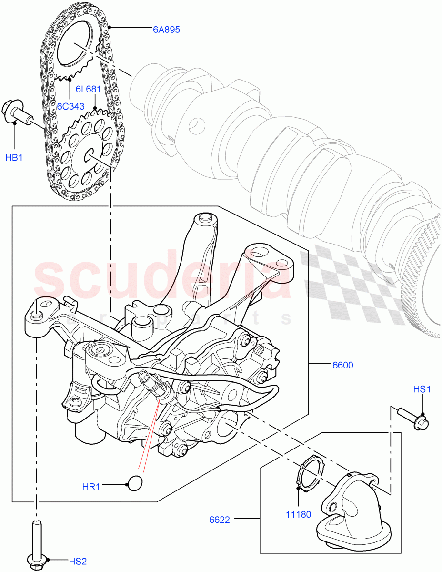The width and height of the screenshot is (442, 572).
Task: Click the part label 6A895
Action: point(166,30)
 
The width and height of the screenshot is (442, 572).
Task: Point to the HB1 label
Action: point(14,157)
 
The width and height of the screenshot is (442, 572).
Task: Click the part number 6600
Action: point(342,365)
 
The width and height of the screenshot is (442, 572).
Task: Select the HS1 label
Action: point(422,389)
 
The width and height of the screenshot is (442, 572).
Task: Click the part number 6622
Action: point(220,520)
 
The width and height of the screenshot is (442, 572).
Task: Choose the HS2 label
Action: point(77,561)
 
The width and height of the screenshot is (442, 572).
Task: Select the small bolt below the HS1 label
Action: point(412,418)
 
